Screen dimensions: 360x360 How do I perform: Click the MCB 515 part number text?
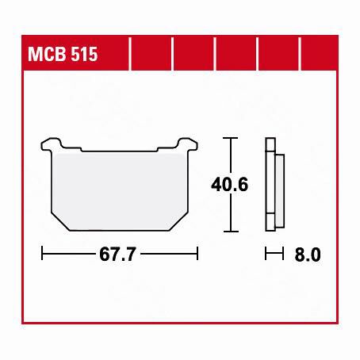click(63, 54)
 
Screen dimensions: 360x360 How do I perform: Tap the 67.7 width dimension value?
click(117, 255)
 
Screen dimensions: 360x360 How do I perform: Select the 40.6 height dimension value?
click(229, 185)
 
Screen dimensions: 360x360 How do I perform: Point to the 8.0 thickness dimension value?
click(308, 255)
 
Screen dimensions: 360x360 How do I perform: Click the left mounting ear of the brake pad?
click(52, 144)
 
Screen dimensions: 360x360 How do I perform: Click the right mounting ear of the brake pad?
click(188, 144)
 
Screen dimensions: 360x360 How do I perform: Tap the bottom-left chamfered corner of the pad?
click(60, 221)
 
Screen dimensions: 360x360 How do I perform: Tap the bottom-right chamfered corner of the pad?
click(178, 221)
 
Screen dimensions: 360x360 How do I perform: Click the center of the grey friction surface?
click(120, 190)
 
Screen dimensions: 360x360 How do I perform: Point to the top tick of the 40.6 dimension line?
click(231, 138)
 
